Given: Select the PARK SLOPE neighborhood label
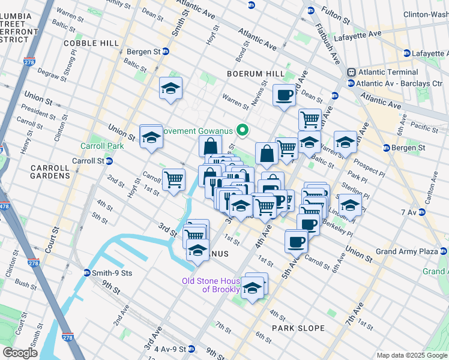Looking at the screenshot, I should pos(298,328).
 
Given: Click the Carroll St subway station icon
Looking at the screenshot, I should pos(109,161).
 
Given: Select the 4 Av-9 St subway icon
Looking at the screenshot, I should pos(191,349).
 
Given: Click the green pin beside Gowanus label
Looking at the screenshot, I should pos(243,130).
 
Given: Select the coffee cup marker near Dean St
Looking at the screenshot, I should pos(284,94).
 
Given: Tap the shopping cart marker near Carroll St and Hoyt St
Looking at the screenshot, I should pos(173,179).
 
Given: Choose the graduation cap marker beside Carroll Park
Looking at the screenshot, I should pos(151,136).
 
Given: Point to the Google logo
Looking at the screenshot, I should pos(20,353).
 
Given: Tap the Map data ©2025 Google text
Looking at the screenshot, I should pos(411,355).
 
